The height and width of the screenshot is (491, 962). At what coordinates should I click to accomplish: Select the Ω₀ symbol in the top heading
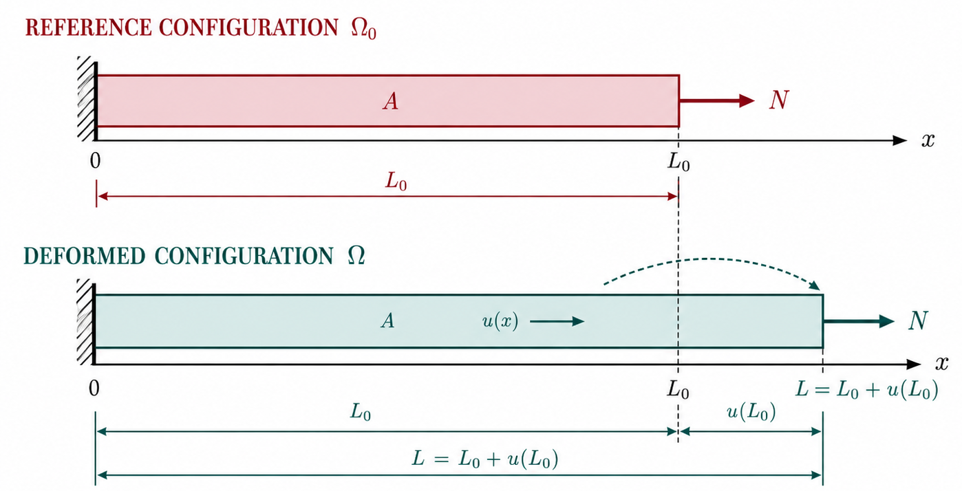click(363, 28)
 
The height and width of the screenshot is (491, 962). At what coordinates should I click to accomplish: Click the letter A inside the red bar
click(390, 102)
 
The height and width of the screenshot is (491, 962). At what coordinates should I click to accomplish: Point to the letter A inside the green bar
click(387, 320)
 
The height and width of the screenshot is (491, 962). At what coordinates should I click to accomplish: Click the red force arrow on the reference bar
click(717, 101)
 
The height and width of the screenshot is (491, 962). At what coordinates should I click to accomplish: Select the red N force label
click(779, 100)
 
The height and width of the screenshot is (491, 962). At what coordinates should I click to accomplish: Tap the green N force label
click(918, 320)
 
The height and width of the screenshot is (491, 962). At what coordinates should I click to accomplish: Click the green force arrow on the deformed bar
click(859, 321)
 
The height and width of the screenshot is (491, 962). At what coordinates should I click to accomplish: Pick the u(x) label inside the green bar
click(500, 321)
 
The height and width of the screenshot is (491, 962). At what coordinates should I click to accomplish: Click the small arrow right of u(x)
click(557, 321)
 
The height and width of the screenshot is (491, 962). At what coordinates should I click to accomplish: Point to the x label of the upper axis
click(928, 140)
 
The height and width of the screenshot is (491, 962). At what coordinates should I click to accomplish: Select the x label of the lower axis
click(941, 364)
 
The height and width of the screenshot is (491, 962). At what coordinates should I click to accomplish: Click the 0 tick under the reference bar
click(96, 160)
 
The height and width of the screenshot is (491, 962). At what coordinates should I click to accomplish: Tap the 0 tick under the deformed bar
click(94, 389)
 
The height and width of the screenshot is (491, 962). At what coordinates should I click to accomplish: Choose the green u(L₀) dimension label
click(751, 412)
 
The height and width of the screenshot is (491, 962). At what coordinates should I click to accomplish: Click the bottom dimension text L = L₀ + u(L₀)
click(485, 459)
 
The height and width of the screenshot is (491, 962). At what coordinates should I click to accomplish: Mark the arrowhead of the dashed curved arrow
click(815, 285)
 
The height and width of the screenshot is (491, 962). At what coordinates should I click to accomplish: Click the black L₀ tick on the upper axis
click(678, 162)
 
